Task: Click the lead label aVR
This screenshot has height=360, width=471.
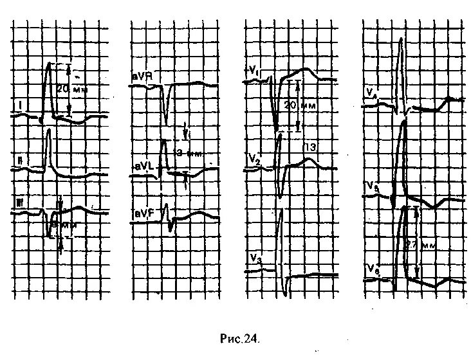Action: pyautogui.click(x=143, y=76)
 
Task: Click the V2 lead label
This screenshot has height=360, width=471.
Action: pyautogui.click(x=252, y=157)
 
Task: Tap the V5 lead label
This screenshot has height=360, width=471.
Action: pyautogui.click(x=371, y=186)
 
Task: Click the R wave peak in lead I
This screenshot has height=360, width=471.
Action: pyautogui.click(x=49, y=63)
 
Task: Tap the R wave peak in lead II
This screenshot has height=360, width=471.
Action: pyautogui.click(x=48, y=130)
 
